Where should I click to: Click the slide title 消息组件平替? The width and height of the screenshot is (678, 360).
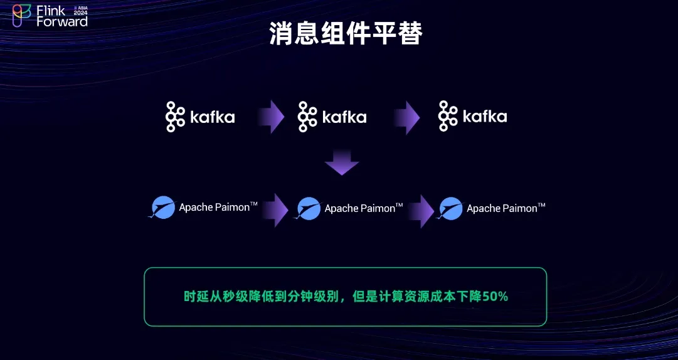(346, 34)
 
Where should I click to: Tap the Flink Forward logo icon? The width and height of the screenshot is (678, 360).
(21, 16)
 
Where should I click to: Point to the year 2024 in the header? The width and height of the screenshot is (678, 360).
(81, 13)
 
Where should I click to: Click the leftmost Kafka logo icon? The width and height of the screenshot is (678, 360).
(175, 117)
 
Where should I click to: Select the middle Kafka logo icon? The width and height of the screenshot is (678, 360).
(307, 117)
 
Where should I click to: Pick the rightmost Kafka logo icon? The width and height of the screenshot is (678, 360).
(448, 116)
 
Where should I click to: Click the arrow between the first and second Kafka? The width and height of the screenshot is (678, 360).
(271, 117)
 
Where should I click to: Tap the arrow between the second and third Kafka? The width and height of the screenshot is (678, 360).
(406, 117)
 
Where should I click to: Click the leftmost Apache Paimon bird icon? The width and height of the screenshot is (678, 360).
(162, 208)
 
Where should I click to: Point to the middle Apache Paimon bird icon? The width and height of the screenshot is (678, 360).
(309, 208)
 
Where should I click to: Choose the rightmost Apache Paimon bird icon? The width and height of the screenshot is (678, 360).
(450, 208)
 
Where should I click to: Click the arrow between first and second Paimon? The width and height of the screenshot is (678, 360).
(275, 210)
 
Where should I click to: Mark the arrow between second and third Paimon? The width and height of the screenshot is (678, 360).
(421, 211)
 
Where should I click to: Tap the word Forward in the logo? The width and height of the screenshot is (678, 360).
(62, 21)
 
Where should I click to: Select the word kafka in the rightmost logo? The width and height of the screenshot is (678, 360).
(485, 117)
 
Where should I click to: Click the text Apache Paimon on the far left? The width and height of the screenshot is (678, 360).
(215, 208)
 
